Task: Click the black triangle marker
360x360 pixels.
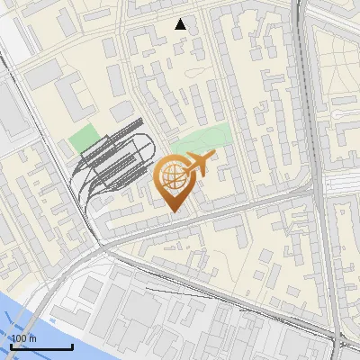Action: point(181,24)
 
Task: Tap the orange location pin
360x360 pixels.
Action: point(175,184)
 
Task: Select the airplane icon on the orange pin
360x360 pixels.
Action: point(196,165)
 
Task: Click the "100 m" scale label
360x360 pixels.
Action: point(23,338)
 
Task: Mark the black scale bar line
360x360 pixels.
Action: point(41,346)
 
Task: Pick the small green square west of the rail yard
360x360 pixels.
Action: point(84,139)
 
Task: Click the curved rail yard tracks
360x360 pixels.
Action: point(117,162)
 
